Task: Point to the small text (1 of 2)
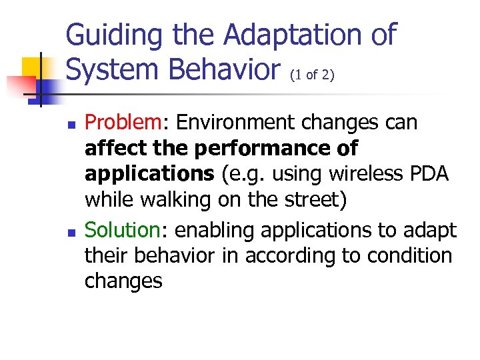[311, 75]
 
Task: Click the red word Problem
[123, 123]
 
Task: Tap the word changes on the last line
[123, 281]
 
